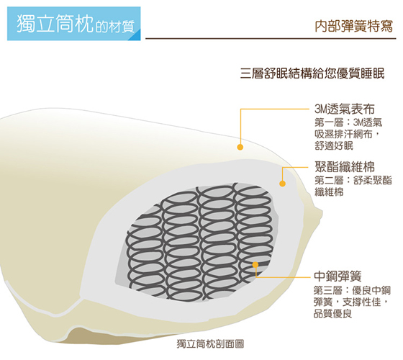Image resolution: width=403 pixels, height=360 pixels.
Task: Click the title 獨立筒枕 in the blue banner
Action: click(x=55, y=24)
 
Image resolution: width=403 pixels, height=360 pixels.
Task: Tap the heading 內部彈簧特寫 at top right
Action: click(x=354, y=26)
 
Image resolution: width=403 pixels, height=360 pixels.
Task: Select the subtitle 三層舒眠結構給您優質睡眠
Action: click(x=312, y=73)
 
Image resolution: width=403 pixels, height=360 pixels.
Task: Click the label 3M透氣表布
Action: click(x=345, y=109)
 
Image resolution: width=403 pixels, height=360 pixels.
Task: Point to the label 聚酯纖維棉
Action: click(x=345, y=166)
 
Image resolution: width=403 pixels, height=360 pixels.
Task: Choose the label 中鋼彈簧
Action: click(x=338, y=276)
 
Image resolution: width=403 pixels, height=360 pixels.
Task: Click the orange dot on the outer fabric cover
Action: click(x=240, y=147)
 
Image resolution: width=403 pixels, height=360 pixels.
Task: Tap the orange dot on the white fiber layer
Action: click(x=282, y=184)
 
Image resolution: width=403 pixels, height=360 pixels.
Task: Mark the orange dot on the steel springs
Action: click(x=255, y=265)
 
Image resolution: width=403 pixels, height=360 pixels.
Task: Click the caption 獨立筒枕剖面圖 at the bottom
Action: click(x=210, y=344)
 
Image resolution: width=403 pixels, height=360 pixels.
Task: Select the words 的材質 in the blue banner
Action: click(x=115, y=27)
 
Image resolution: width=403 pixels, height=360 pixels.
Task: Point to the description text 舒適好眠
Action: click(x=334, y=145)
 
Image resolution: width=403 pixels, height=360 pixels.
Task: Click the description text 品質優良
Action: click(x=332, y=314)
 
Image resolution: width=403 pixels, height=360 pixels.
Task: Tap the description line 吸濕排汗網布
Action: click(x=344, y=134)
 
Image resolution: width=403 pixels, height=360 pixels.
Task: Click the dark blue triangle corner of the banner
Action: click(x=136, y=35)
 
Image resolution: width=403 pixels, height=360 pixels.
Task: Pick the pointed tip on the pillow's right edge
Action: click(x=322, y=212)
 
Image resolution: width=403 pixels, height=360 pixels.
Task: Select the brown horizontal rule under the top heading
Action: click(x=271, y=39)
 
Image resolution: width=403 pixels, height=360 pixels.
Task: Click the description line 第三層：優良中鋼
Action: click(x=352, y=291)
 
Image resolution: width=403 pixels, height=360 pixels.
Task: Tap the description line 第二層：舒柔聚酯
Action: click(x=353, y=180)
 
